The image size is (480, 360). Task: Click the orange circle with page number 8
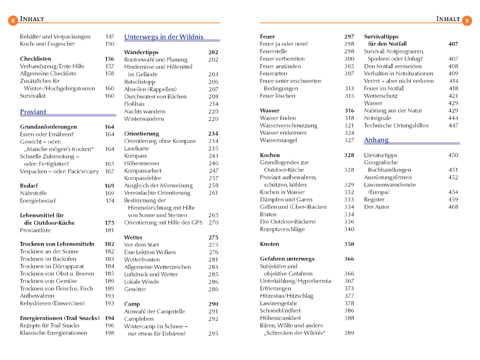click(13, 21)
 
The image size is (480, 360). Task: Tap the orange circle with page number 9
click(467, 21)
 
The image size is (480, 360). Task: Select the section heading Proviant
click(33, 112)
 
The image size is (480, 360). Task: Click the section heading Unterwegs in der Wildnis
click(164, 37)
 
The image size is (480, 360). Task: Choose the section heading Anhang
click(376, 140)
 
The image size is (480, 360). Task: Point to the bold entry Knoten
click(269, 244)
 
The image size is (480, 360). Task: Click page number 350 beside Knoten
click(349, 244)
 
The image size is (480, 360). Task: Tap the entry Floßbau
click(134, 104)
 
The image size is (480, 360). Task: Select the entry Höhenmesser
click(142, 163)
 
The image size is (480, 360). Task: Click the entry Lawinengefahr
click(278, 303)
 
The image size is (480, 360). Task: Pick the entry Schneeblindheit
click(280, 310)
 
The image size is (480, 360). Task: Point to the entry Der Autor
click(377, 207)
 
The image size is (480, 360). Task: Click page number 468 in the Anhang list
click(453, 207)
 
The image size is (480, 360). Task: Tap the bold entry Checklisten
click(36, 59)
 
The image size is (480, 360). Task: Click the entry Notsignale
click(377, 118)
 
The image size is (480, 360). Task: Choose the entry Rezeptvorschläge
click(282, 229)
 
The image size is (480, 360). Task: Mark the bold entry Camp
click(132, 304)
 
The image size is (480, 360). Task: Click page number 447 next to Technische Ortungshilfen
click(453, 125)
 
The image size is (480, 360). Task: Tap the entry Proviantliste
click(35, 230)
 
